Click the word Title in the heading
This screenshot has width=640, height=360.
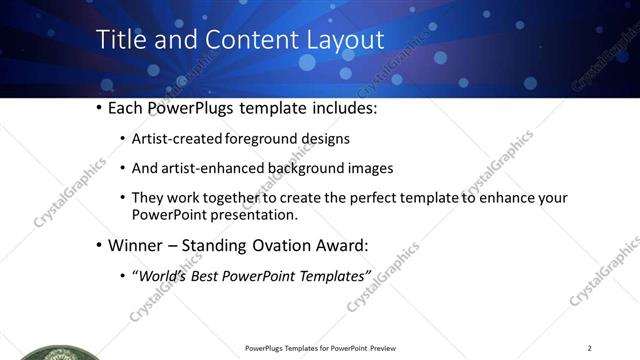tap(118, 41)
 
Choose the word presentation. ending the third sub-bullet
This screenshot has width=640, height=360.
tap(254, 214)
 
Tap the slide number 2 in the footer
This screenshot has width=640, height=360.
tap(590, 348)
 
